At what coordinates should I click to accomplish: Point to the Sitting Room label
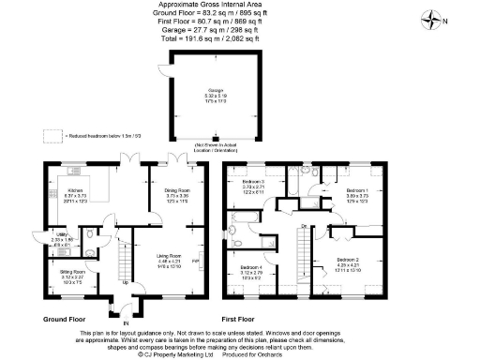click(x=59, y=272)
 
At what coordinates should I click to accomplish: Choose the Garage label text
click(x=216, y=90)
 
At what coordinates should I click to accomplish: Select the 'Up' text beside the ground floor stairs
click(x=126, y=281)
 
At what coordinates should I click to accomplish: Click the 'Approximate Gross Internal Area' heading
click(x=215, y=6)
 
